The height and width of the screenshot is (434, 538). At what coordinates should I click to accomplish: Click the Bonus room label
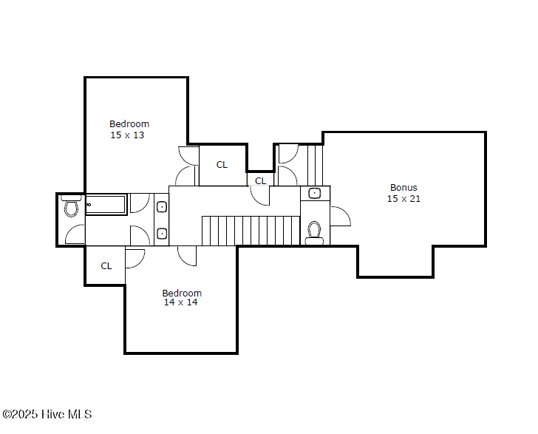coord(403,188)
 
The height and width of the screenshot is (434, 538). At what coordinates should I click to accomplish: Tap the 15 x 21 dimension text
coord(403,199)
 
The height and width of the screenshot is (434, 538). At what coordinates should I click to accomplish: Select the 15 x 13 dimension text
coord(127,135)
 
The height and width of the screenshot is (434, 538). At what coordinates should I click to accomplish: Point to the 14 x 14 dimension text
coord(181,302)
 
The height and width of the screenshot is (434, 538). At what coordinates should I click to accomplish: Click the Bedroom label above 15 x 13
coord(129,124)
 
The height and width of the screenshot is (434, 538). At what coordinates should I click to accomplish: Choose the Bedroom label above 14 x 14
coord(182,294)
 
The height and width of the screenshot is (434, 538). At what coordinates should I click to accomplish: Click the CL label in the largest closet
coord(222,165)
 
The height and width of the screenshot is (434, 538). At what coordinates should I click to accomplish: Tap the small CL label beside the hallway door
coord(260,181)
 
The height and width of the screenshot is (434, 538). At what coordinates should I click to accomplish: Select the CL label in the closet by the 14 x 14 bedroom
coord(106,266)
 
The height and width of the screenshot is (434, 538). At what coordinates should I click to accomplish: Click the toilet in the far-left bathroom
coord(72,206)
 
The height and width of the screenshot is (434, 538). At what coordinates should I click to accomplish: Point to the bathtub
coord(106,205)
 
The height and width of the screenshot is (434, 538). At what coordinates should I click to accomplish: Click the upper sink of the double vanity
coord(162,207)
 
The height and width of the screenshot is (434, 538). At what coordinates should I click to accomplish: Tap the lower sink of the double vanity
coord(162,234)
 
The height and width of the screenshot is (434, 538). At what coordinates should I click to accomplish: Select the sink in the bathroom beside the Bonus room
coord(314,193)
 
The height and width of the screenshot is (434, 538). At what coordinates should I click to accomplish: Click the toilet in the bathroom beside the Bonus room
coord(314,234)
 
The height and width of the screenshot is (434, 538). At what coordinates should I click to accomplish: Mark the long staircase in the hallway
coord(251,231)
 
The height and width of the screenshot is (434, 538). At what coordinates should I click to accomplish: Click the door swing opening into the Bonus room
coord(341,217)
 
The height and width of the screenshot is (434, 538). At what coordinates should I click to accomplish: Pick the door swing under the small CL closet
coord(260,196)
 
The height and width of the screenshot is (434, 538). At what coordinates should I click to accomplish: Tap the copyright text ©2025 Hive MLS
coord(47,415)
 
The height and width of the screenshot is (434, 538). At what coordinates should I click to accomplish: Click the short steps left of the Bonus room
coord(315,166)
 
